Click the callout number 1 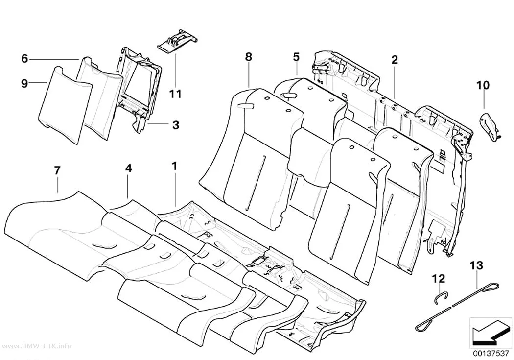click(175, 166)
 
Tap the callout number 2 click(395, 60)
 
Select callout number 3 click(176, 125)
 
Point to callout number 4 click(128, 168)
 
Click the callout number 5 click(296, 57)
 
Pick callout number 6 click(24, 59)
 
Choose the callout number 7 click(57, 170)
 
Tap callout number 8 click(249, 57)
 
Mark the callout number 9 click(24, 83)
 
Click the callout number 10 click(483, 85)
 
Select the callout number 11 click(175, 94)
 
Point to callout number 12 click(439, 279)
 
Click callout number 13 click(476, 265)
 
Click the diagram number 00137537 click(491, 353)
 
